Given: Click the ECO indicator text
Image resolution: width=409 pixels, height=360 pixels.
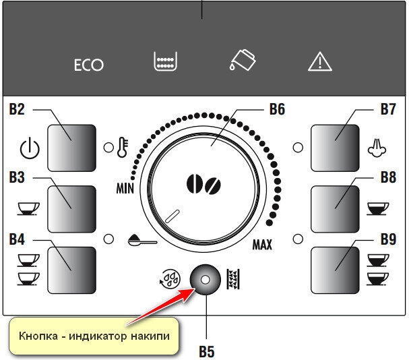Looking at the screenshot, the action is click(89, 65).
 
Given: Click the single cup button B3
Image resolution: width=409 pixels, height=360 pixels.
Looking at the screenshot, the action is click(70, 208).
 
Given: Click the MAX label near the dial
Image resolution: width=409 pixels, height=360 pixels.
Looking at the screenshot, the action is click(262, 245).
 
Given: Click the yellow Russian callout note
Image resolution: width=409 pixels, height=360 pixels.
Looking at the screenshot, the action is click(94, 335).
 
